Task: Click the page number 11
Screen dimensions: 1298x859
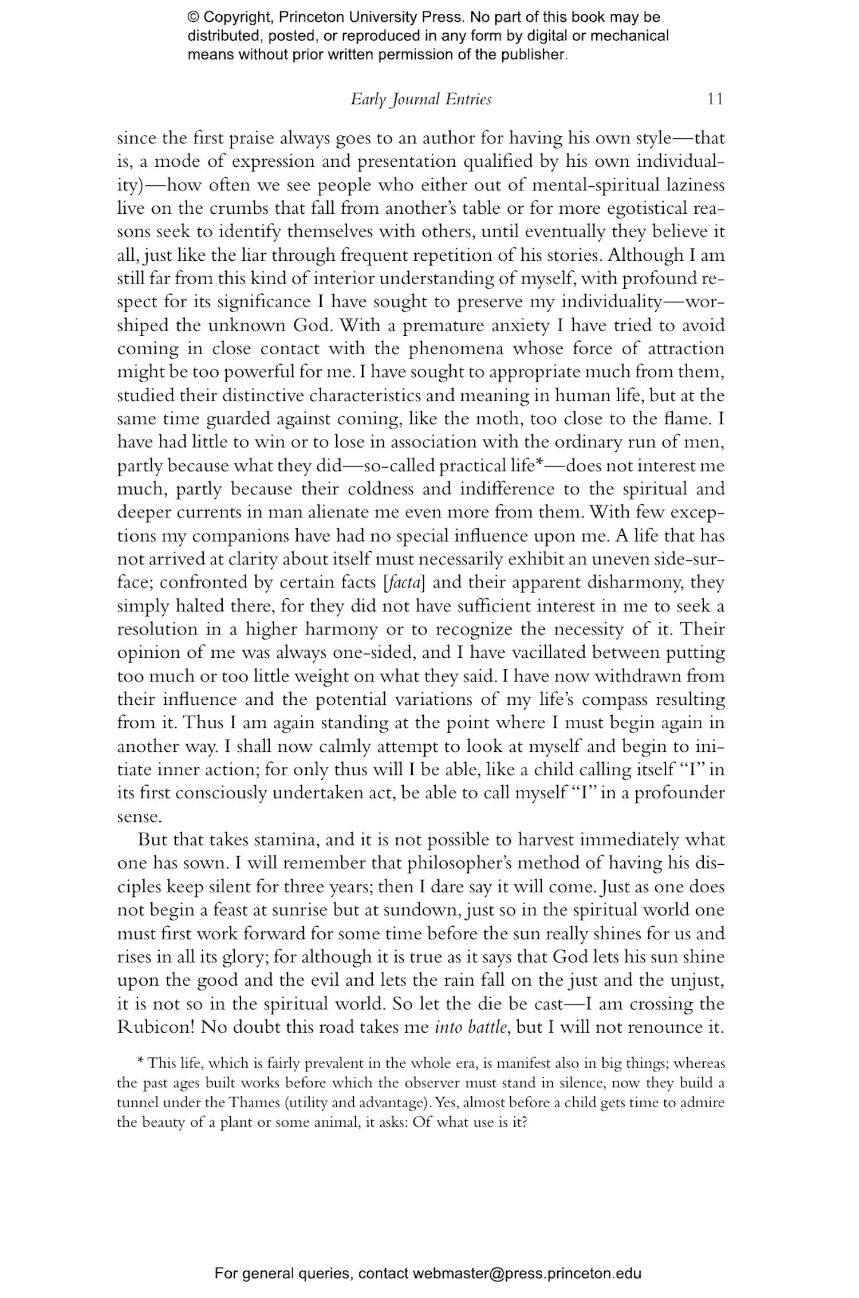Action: point(715,99)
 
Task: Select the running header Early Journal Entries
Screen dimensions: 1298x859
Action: point(421,99)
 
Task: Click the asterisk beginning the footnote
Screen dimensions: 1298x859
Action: point(141,1063)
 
